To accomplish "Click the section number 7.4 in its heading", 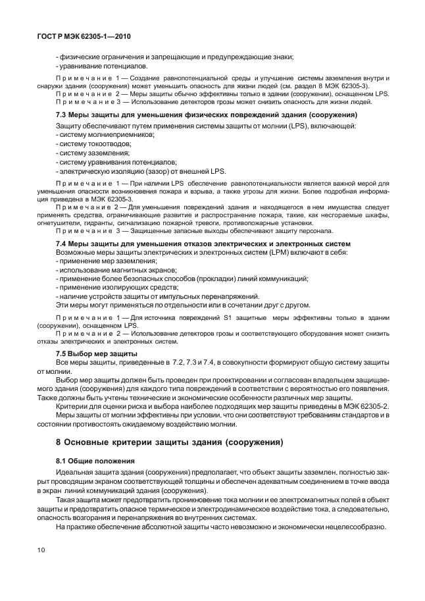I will coord(63,243).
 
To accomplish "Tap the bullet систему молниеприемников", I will coord(107,134).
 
